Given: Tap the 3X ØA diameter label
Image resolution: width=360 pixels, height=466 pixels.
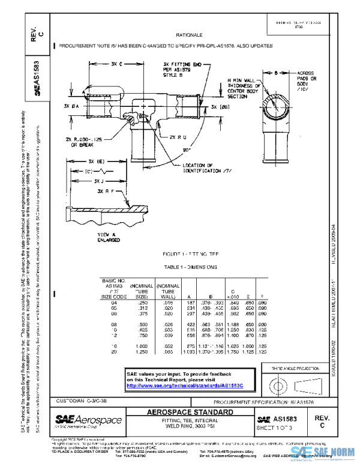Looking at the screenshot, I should point(71,106).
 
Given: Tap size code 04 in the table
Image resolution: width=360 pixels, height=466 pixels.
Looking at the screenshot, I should point(112,303).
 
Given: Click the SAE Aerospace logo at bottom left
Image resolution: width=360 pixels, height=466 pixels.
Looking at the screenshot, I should point(88,420).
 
